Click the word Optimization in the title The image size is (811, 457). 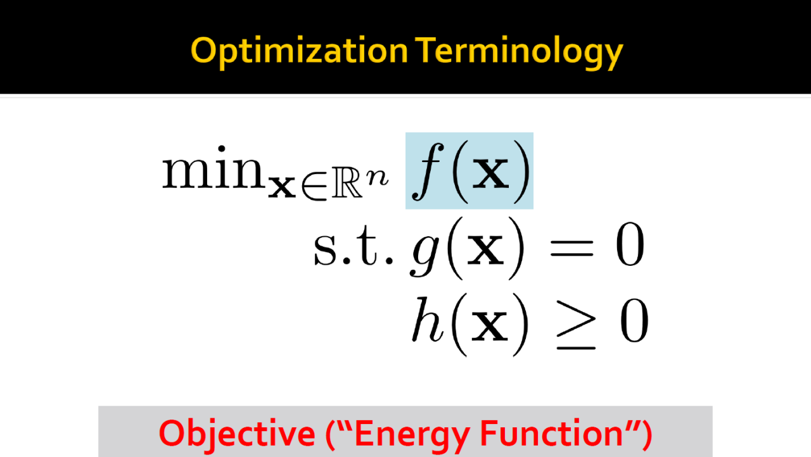pos(300,52)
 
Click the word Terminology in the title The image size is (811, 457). pos(519,52)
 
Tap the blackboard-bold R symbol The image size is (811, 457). pos(347,187)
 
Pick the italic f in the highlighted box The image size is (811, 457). pos(428,171)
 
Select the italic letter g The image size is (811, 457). pos(425,254)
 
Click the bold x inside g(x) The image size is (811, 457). pos(485,250)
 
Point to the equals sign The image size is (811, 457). pos(572,248)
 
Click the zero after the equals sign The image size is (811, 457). pos(630,244)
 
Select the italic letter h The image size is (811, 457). pos(428,319)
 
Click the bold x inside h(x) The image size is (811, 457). pos(489,327)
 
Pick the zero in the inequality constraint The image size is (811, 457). pos(634,321)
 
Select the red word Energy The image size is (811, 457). pos(412,435)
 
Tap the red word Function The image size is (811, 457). pos(551,433)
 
